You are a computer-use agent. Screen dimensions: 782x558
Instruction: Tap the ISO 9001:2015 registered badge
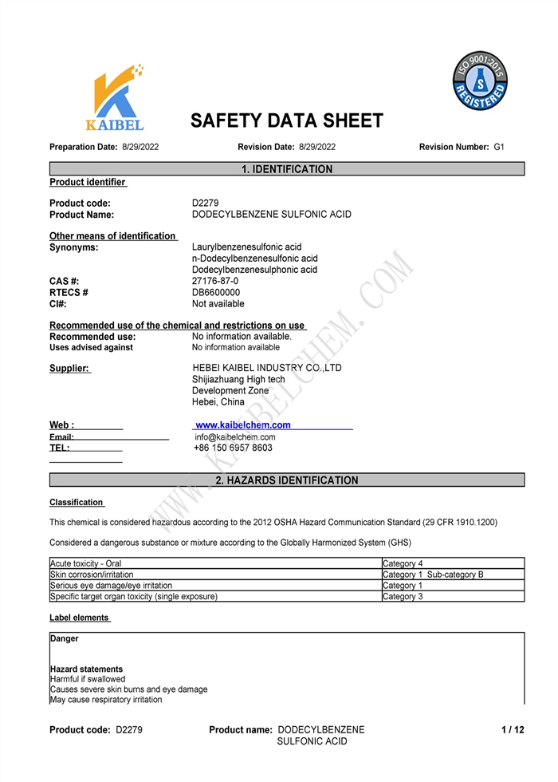[x=480, y=81]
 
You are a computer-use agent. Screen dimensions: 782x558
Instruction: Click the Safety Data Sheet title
[x=286, y=121]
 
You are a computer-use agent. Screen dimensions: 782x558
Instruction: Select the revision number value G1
[x=499, y=147]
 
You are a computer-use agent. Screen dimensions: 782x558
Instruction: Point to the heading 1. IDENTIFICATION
[x=286, y=169]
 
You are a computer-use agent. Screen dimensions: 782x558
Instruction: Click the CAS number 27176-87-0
[x=215, y=281]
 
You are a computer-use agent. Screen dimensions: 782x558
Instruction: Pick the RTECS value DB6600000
[x=216, y=292]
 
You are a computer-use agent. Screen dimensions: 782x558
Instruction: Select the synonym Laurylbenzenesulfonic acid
[x=247, y=247]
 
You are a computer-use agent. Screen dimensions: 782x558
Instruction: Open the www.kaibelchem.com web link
[x=243, y=425]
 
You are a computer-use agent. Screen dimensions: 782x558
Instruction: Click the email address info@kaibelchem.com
[x=235, y=437]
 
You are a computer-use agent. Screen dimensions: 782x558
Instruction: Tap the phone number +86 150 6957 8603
[x=233, y=448]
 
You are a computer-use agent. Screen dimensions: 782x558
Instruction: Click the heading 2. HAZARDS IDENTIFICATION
[x=286, y=480]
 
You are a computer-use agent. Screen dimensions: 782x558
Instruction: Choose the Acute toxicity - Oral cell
[x=86, y=564]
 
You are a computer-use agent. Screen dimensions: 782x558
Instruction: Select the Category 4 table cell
[x=403, y=564]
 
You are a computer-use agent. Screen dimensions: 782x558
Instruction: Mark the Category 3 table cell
[x=403, y=596]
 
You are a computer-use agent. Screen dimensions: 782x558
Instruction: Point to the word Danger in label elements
[x=65, y=639]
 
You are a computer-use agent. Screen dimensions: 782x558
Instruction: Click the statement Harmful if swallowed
[x=88, y=679]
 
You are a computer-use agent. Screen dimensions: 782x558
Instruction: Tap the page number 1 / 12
[x=513, y=730]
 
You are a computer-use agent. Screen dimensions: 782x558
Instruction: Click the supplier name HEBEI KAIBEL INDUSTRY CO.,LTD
[x=267, y=368]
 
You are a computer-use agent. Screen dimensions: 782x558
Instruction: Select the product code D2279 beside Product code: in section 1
[x=206, y=203]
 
